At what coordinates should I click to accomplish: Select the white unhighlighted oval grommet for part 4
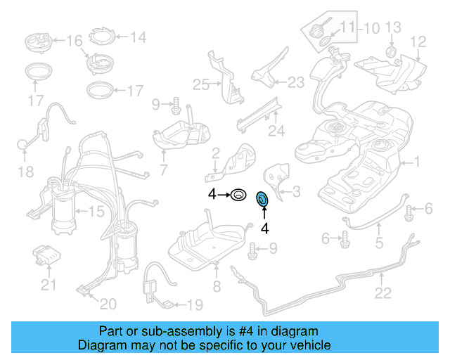(239, 193)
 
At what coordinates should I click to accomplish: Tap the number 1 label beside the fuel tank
(416, 162)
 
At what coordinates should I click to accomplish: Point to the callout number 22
(382, 292)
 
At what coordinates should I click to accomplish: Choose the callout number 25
(202, 84)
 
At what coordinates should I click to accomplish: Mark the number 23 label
(295, 82)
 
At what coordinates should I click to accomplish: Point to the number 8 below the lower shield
(217, 286)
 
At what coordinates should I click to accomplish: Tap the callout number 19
(194, 304)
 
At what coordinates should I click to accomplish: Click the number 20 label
(108, 304)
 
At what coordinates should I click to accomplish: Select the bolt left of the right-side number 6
(410, 209)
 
